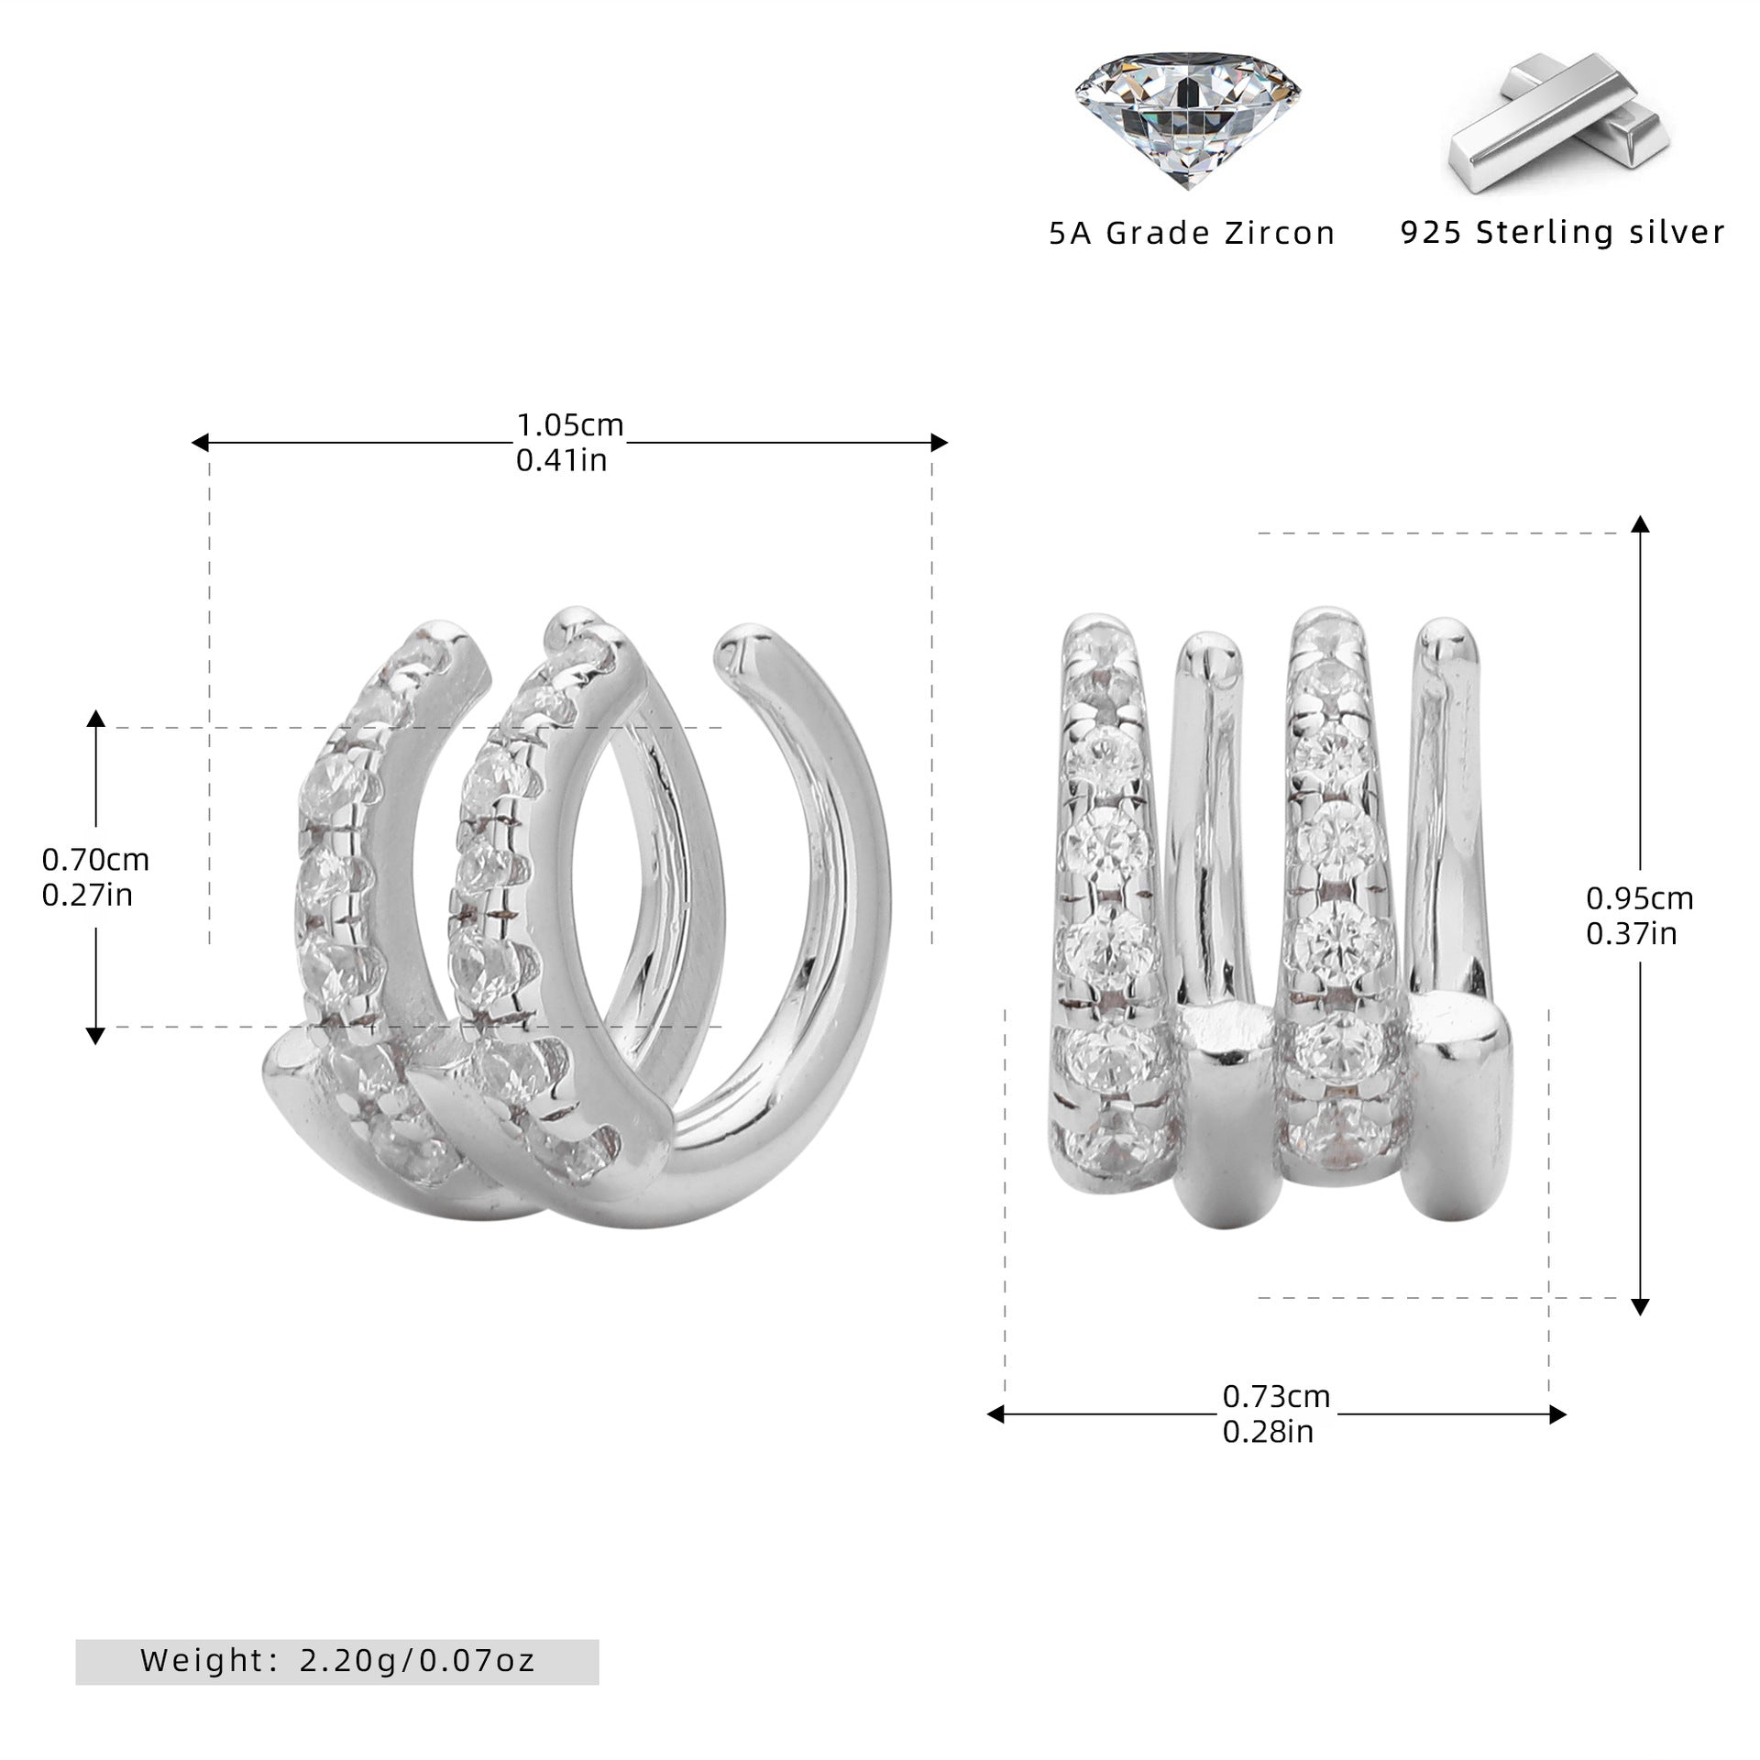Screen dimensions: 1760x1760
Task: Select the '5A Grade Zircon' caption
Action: [1192, 234]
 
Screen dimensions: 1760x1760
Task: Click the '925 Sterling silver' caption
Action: [1563, 232]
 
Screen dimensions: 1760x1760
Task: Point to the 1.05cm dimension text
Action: [570, 425]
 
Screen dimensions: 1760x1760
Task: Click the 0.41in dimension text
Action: [562, 460]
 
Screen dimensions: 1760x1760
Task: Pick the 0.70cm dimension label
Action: [95, 859]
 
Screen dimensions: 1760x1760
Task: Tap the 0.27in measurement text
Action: [88, 894]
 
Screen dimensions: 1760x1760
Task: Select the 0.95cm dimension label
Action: [1640, 897]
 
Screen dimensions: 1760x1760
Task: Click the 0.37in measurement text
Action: [1632, 933]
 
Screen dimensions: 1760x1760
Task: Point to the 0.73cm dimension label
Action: [1276, 1396]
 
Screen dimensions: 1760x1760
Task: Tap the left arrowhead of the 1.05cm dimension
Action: [200, 443]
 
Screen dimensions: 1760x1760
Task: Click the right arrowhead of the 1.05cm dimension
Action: [940, 443]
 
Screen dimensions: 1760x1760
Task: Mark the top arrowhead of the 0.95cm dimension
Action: [1641, 523]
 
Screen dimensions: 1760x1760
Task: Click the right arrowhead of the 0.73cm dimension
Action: [1557, 1414]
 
